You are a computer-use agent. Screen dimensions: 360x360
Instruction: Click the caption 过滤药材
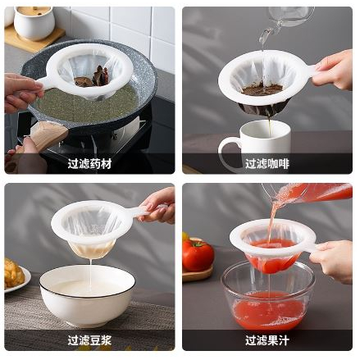pyautogui.click(x=89, y=164)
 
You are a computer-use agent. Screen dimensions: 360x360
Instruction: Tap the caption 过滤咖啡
pyautogui.click(x=267, y=164)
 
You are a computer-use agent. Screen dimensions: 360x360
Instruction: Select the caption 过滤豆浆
pyautogui.click(x=89, y=340)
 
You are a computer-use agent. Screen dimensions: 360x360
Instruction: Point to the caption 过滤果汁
pyautogui.click(x=267, y=340)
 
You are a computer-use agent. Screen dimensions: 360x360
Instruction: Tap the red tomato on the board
pyautogui.click(x=198, y=255)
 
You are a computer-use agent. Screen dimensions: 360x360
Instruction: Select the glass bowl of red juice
pyautogui.click(x=268, y=297)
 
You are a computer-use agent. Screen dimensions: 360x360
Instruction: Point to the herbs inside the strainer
pyautogui.click(x=93, y=77)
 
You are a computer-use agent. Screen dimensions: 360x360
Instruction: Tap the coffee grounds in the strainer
pyautogui.click(x=262, y=89)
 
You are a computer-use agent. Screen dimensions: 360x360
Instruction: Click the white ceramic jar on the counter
pyautogui.click(x=34, y=23)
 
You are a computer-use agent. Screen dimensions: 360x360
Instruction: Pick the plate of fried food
pyautogui.click(x=16, y=276)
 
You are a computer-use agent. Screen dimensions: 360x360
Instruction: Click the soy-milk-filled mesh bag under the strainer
pyautogui.click(x=92, y=249)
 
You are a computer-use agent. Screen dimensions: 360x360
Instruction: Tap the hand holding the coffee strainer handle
pyautogui.click(x=334, y=71)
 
